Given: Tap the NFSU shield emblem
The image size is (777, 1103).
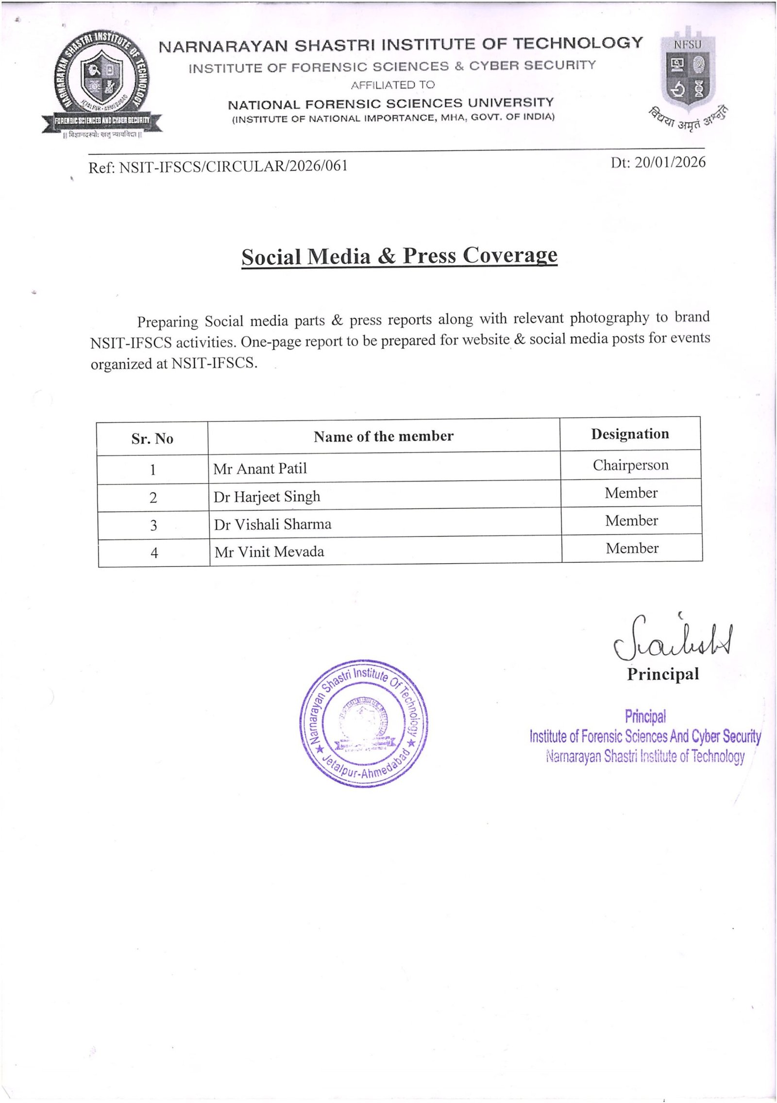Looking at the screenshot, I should pos(686,73).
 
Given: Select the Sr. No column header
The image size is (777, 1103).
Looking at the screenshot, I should pos(152,438).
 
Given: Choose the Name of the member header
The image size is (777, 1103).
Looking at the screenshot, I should pos(383,436).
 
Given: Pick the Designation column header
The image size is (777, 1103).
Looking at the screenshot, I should pos(630,434).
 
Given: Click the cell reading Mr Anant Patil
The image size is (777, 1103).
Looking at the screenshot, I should pos(260,468).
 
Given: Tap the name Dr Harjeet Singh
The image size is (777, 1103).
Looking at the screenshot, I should pos(267,497).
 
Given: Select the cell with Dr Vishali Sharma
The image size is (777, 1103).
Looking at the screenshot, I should pos(272,524).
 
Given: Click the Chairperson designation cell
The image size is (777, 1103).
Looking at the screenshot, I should pos(630,465).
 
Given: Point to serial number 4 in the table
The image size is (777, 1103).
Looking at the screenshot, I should pos(154,553).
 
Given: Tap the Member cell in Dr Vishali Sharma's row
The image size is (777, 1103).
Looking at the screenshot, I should pos(631,520).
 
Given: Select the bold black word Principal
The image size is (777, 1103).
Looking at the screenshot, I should pos(662,674).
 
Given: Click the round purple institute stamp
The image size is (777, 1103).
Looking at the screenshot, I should pos(363,722).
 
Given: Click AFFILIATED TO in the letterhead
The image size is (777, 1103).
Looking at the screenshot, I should pos(392,85).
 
